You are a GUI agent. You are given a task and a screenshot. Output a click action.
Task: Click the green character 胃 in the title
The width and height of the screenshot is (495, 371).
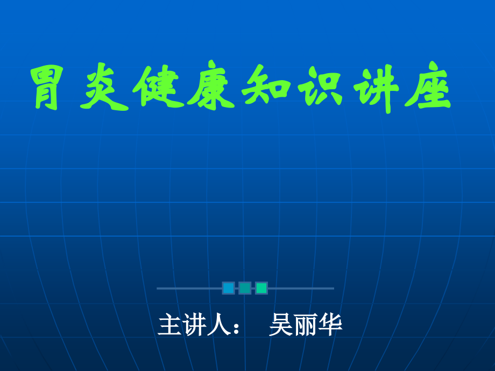[x=46, y=87]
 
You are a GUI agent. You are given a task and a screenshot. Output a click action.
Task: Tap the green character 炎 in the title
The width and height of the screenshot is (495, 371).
[x=104, y=87]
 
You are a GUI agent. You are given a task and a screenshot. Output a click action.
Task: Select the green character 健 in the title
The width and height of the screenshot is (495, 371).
[x=159, y=87]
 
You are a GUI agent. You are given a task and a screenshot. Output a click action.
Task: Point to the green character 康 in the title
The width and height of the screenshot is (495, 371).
[x=211, y=85]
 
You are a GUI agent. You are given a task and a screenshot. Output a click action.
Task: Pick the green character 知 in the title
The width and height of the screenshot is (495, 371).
[x=266, y=85]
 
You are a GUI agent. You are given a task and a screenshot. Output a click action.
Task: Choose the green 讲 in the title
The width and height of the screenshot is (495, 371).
[x=376, y=88]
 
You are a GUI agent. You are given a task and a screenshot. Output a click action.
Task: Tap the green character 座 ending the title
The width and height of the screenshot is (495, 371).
[x=428, y=85]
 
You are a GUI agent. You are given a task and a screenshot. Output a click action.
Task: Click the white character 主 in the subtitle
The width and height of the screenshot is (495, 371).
[x=169, y=325]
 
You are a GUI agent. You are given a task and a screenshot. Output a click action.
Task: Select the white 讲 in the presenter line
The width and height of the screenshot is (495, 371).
[x=194, y=325]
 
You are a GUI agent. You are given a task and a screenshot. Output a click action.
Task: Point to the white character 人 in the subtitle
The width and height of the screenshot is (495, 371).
[x=218, y=325]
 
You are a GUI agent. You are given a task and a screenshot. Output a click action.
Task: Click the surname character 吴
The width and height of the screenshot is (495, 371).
[x=281, y=325]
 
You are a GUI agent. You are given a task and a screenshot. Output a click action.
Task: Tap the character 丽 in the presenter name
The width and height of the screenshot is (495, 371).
[x=306, y=325]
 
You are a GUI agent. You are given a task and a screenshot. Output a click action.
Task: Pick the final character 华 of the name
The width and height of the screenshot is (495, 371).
[x=330, y=325]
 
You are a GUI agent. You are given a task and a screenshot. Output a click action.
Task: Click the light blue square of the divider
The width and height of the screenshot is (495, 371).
[x=228, y=288]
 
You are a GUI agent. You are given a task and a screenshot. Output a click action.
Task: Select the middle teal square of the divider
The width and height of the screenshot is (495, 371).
[x=245, y=288]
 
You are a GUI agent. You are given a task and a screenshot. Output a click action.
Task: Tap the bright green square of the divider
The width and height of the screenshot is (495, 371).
[x=261, y=288]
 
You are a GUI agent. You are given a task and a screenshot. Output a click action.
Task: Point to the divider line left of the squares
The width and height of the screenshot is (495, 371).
[x=189, y=288]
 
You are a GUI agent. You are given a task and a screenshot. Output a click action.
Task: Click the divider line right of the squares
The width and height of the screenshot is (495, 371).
[x=301, y=288]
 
